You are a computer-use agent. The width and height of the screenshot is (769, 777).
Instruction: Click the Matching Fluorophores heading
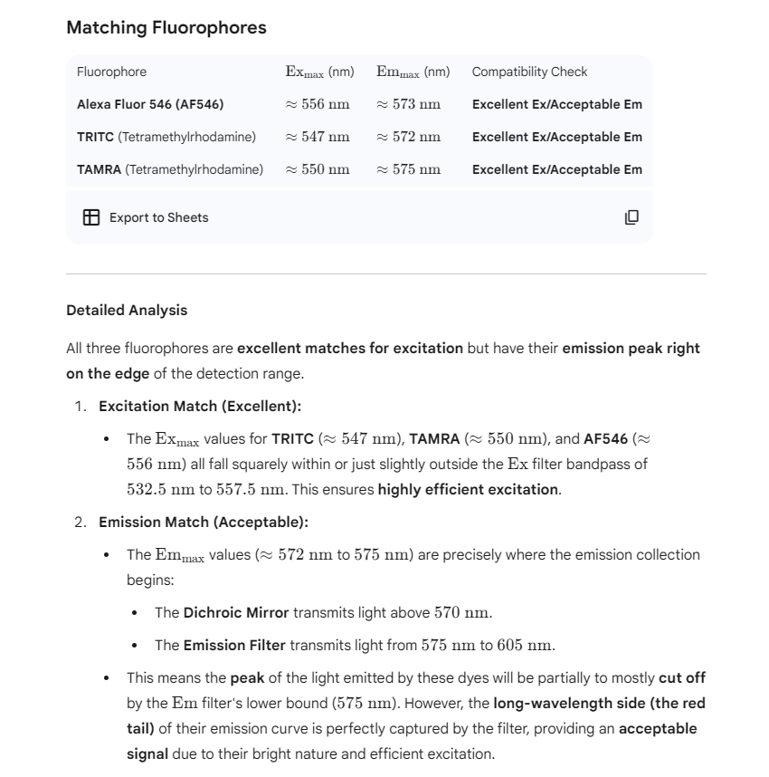click(166, 27)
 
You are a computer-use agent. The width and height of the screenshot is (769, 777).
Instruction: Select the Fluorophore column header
click(111, 72)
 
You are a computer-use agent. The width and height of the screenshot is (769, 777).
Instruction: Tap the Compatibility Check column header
click(529, 72)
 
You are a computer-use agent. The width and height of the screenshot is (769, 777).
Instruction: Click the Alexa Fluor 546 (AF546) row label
click(150, 104)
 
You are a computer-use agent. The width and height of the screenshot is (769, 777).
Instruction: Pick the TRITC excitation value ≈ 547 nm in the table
click(318, 137)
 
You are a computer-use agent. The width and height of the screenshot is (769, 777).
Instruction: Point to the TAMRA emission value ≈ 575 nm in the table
click(409, 169)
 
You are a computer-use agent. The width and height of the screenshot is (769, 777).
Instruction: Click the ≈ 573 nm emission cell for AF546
click(409, 104)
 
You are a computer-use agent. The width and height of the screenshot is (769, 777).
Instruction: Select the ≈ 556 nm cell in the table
click(318, 104)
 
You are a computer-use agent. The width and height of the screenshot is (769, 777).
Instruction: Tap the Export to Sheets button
click(158, 217)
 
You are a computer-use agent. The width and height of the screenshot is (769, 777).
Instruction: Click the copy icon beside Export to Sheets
click(631, 217)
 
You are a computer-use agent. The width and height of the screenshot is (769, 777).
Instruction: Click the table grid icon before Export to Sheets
click(91, 217)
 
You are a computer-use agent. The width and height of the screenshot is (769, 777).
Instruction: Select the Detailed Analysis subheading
click(127, 310)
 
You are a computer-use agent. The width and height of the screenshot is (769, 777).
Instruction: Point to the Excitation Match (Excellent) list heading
click(200, 406)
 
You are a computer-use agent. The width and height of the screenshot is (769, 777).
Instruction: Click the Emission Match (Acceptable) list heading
click(204, 522)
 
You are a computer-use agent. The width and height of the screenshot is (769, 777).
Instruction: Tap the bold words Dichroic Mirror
click(236, 612)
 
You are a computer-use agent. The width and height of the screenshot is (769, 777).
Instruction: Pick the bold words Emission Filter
click(234, 645)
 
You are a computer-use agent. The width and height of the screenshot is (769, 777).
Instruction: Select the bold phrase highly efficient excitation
click(468, 489)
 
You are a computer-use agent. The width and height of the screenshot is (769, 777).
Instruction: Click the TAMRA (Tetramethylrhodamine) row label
click(170, 169)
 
